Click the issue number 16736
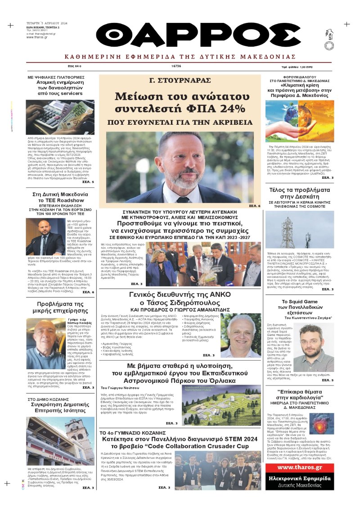click(x=176, y=66)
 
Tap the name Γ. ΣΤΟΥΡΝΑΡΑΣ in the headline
click(x=180, y=81)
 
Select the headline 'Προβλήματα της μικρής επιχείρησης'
click(x=60, y=308)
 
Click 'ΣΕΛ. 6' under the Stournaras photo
click(x=254, y=206)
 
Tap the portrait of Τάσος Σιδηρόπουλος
click(x=240, y=335)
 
